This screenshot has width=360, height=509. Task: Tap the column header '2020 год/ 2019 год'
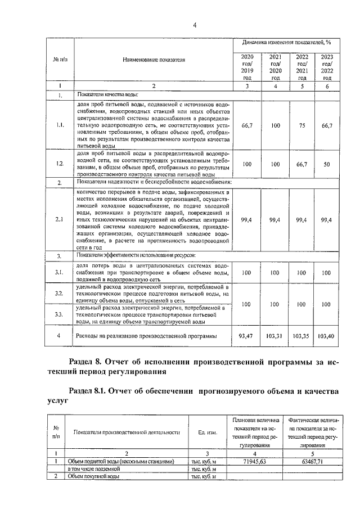(x=247, y=67)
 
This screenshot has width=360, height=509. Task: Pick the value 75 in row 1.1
(x=301, y=126)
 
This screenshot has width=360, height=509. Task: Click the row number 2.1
(x=60, y=219)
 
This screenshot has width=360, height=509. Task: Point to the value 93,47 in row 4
(x=247, y=336)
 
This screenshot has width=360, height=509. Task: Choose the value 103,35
(x=301, y=336)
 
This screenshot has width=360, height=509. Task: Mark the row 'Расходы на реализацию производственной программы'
(x=146, y=336)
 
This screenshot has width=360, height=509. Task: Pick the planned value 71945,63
(x=255, y=461)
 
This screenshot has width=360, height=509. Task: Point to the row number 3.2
(x=60, y=294)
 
